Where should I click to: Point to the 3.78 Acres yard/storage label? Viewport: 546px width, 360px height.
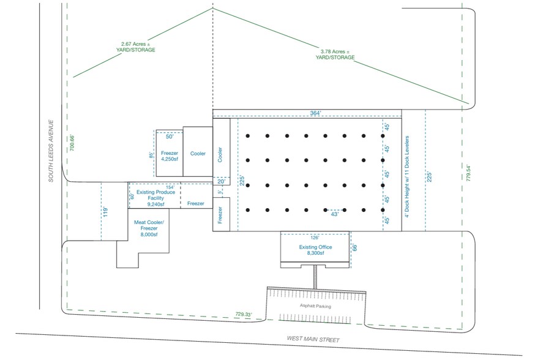coord(335,54)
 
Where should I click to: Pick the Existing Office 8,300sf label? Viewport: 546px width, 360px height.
coord(315,250)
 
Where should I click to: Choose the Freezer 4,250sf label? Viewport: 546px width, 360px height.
coord(168,156)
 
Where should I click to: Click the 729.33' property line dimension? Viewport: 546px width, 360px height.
coord(244,314)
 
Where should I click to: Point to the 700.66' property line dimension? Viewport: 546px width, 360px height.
coord(72,143)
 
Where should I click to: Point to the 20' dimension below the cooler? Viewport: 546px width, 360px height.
coord(221,181)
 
